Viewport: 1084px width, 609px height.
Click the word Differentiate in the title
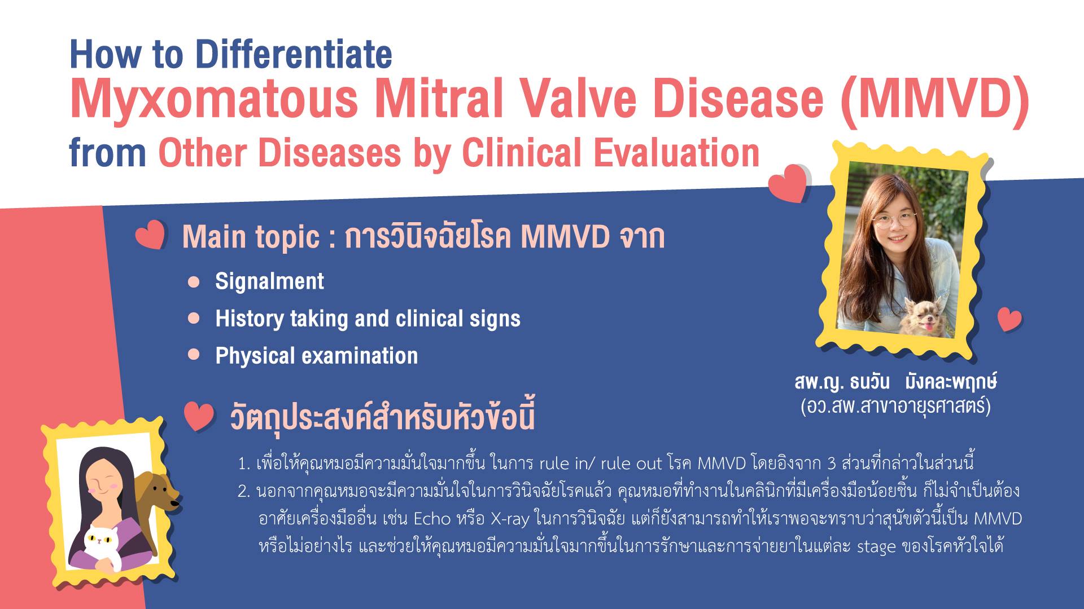coord(294,55)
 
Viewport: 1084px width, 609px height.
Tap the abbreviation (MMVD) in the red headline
coord(935,99)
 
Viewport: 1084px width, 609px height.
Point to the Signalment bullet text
coord(269,281)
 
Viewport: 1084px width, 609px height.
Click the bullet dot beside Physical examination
coord(194,355)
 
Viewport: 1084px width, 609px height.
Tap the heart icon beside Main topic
coord(151,235)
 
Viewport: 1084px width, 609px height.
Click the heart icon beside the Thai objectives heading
coord(199,417)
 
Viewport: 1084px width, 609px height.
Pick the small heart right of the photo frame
coord(1009,320)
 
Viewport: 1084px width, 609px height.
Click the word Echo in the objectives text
coord(432,518)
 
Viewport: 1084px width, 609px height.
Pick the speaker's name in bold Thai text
coord(895,382)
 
